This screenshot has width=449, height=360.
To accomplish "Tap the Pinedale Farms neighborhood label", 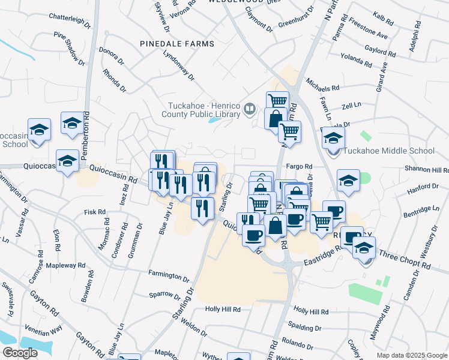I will (176, 44).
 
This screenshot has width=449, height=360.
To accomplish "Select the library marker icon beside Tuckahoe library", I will (251, 110).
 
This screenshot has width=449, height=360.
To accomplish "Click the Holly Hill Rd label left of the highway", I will (222, 310).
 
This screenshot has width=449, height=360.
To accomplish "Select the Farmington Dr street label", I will (169, 275).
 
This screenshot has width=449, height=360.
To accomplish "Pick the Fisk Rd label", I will (95, 212).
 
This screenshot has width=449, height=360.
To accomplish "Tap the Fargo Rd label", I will (300, 166).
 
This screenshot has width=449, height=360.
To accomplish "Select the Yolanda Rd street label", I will (355, 60).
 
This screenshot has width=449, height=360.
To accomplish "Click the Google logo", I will (20, 353).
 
